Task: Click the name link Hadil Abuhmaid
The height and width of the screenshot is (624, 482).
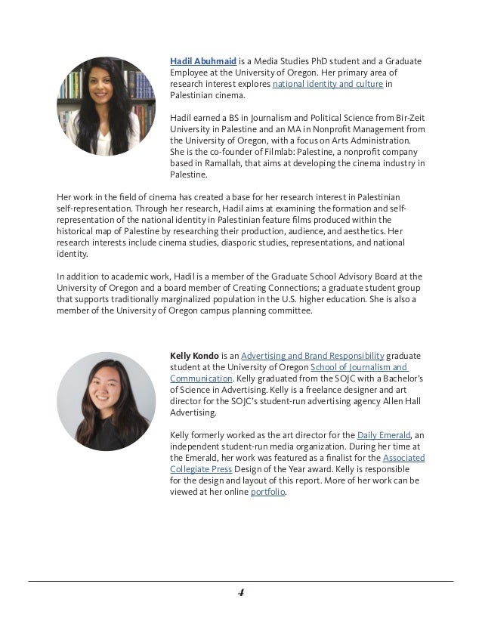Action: point(203,60)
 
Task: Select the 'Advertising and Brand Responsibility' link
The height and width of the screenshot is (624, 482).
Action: point(313,355)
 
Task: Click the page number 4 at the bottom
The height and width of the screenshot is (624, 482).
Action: point(241,593)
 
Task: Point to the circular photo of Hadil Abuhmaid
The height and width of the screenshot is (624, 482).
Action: point(106,106)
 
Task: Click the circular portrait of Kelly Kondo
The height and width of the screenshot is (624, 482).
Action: point(106,401)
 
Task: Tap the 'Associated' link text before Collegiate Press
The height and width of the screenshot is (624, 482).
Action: point(403,458)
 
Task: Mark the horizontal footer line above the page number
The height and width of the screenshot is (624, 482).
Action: point(241,581)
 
